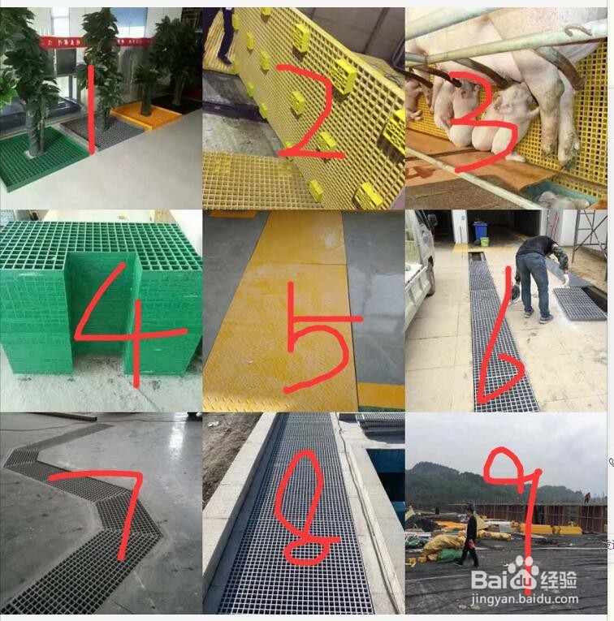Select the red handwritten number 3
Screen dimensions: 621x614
(x=479, y=122)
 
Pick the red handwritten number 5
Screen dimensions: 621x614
(x=317, y=325)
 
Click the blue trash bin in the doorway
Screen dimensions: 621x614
(x=481, y=231)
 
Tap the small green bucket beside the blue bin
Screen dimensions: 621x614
(x=485, y=242)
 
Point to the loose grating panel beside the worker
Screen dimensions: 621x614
(x=578, y=303)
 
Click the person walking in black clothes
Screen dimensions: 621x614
(x=470, y=536)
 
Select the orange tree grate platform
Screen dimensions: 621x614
(x=149, y=116)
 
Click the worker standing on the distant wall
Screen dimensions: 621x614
(x=586, y=496)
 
